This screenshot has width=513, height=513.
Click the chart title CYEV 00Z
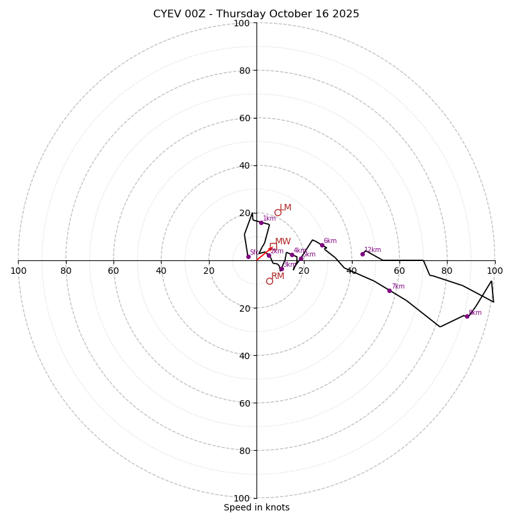click(x=256, y=14)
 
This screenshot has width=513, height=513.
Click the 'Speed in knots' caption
click(x=256, y=508)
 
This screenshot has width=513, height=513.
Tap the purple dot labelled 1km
click(x=261, y=223)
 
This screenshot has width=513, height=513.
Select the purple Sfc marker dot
click(x=248, y=256)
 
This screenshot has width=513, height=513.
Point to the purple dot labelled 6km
click(x=322, y=245)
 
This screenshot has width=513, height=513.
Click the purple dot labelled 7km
click(x=389, y=290)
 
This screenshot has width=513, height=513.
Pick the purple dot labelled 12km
click(x=362, y=254)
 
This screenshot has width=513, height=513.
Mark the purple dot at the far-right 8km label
click(x=467, y=316)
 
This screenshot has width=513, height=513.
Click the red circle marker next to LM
click(x=278, y=213)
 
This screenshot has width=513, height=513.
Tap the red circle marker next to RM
click(x=269, y=281)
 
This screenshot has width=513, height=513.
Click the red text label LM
click(x=285, y=208)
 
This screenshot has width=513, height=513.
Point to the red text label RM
click(x=278, y=276)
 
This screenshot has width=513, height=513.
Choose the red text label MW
click(x=283, y=242)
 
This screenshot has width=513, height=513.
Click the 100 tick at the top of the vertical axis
click(x=242, y=23)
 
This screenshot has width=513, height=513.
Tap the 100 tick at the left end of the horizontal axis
click(x=18, y=271)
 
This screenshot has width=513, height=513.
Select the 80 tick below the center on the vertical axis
click(x=244, y=450)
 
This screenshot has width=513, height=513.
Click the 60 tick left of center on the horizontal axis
click(x=114, y=271)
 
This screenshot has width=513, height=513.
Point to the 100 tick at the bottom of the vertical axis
click(x=242, y=498)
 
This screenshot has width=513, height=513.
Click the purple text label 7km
click(x=398, y=287)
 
